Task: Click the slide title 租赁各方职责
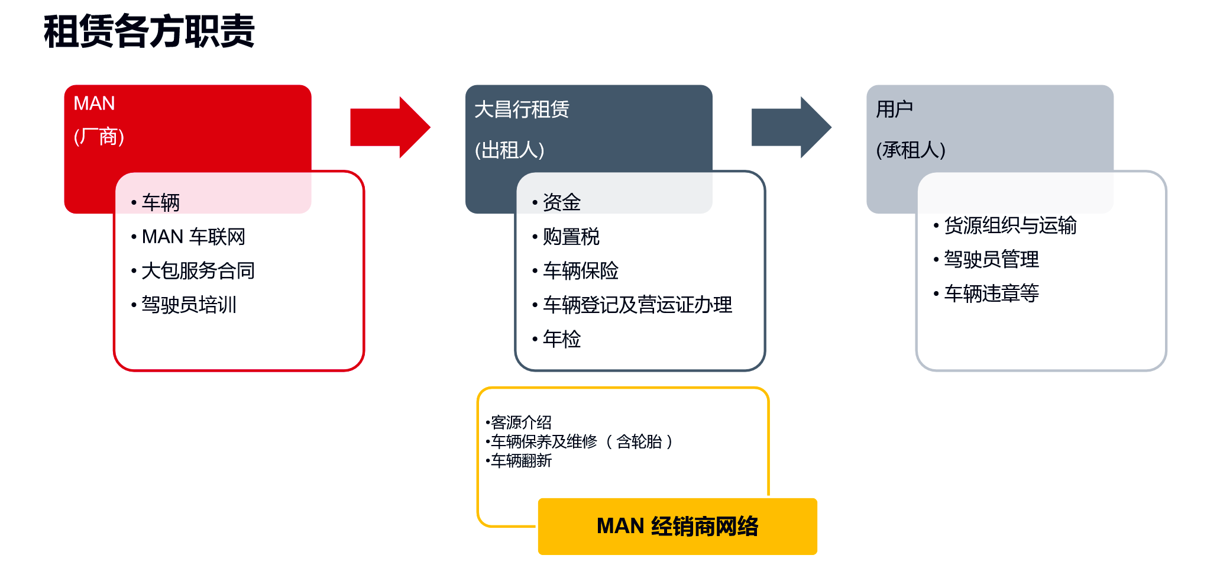(149, 31)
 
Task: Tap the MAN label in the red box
(94, 104)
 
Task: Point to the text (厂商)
(99, 137)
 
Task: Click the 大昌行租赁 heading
(522, 109)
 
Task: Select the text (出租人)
(509, 150)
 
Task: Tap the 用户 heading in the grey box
(894, 109)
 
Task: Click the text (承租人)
(911, 150)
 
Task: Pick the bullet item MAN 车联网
(193, 237)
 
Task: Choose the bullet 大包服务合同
(198, 271)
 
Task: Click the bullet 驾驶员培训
(189, 305)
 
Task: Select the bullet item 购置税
(571, 237)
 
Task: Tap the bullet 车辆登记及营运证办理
(637, 305)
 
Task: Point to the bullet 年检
(561, 339)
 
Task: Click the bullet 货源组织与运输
(1009, 225)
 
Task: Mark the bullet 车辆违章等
(991, 293)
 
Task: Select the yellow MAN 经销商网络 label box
(677, 526)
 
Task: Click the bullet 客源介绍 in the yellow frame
(520, 422)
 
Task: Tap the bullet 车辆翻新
(520, 460)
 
